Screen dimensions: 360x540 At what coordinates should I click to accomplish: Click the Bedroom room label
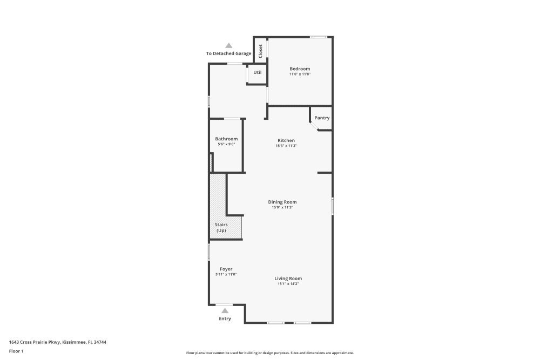coord(300,69)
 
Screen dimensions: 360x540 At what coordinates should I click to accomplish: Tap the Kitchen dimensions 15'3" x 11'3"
coord(286,146)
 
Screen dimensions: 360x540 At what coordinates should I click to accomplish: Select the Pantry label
coord(322,118)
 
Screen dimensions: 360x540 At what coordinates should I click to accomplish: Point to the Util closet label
coord(258,72)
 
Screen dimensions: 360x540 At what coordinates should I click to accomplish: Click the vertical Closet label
coord(260,51)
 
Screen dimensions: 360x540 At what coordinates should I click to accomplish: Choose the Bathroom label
coord(226,139)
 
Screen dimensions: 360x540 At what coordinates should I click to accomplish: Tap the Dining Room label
coord(282,202)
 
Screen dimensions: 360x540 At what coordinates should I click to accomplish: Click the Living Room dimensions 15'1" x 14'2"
coord(288,284)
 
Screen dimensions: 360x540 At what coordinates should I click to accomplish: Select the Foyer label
coord(226,269)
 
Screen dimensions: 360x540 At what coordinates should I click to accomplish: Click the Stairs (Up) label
coord(221,227)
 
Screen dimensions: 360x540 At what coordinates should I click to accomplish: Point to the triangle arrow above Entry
coord(225,310)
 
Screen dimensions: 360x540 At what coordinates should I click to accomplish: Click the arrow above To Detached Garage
coord(229,46)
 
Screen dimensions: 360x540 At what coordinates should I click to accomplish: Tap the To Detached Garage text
coord(228,53)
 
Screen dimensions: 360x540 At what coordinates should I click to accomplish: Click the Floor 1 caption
coord(16,351)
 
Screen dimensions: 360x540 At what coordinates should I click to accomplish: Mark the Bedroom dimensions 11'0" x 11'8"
coord(300,74)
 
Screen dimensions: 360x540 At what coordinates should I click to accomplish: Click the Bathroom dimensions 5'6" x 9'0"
coord(226,144)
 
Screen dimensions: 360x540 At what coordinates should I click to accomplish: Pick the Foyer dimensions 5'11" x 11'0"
coord(226,274)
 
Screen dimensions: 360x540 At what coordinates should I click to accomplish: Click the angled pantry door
coord(314,126)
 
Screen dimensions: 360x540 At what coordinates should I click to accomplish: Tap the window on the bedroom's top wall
coord(319,37)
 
